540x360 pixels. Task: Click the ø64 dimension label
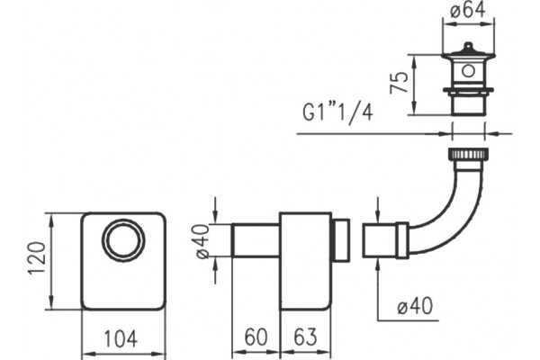[x=468, y=10]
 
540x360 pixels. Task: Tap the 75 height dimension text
[x=399, y=83]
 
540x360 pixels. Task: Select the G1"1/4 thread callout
[x=337, y=112]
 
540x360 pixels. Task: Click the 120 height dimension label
[x=37, y=258]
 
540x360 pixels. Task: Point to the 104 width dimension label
[x=121, y=338]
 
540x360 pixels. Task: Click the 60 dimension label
[x=256, y=337]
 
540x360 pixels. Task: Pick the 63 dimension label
[x=305, y=337]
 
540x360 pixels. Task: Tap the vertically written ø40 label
[x=203, y=241]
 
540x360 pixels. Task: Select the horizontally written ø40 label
[x=415, y=306]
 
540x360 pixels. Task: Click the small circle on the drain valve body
[x=468, y=71]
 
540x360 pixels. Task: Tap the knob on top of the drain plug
[x=468, y=46]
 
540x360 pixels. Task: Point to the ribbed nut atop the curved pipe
[x=468, y=154]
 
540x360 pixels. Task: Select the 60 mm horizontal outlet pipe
[x=256, y=240]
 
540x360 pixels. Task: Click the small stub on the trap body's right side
[x=340, y=240]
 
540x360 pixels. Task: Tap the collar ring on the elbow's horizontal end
[x=401, y=240]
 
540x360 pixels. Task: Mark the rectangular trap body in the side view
[x=305, y=262]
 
